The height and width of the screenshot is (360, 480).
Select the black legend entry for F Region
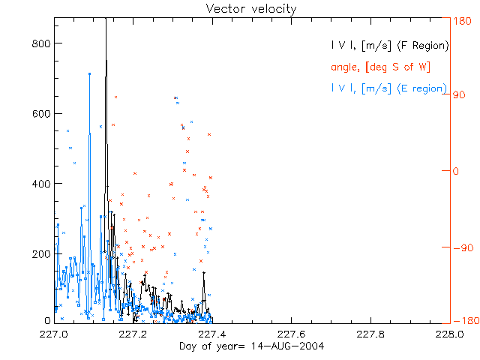coord(390,46)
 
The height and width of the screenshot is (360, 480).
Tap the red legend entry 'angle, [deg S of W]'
coord(380,67)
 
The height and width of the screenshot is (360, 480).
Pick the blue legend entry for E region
coord(388,88)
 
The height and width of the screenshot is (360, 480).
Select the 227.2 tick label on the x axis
coord(134,334)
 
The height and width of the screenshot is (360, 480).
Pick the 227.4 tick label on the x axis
coord(214,334)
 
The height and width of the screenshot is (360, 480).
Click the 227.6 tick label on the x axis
coord(292,334)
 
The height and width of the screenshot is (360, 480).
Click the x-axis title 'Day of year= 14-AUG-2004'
coord(251,346)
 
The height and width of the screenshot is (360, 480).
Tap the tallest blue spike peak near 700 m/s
coord(89,73)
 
